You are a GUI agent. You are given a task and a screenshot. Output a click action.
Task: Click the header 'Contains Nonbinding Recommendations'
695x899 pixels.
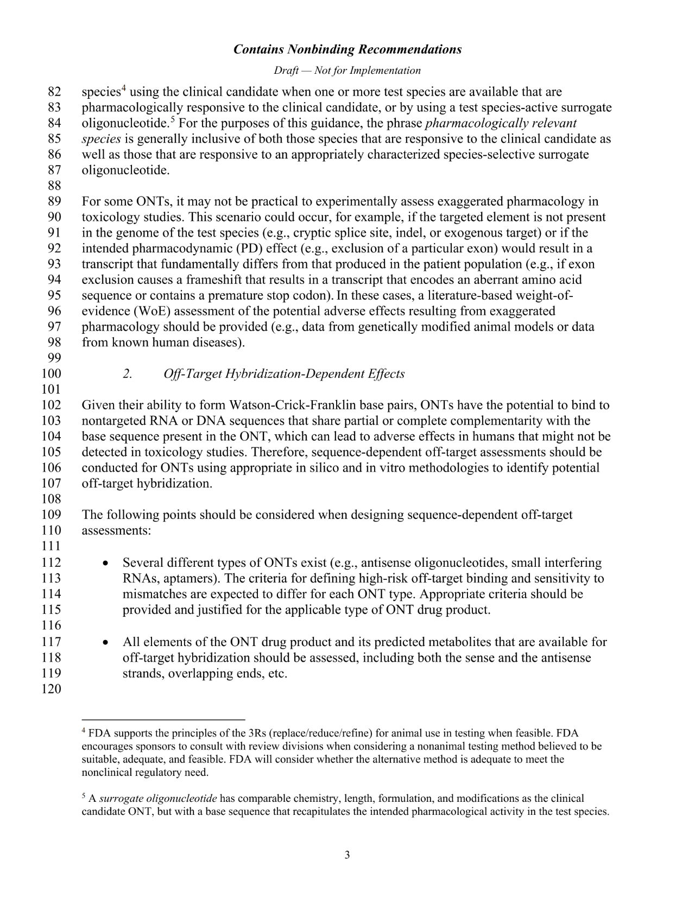[347, 49]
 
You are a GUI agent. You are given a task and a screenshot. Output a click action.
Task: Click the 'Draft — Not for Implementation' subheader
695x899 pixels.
[347, 71]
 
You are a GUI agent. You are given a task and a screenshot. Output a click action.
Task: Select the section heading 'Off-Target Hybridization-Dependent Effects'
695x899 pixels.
[284, 374]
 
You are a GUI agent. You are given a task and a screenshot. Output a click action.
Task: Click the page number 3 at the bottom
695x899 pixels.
[347, 856]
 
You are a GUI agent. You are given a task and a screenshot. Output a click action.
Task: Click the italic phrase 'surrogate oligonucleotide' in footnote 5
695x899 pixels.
[158, 799]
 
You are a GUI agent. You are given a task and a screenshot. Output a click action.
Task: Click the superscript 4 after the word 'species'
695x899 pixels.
[124, 88]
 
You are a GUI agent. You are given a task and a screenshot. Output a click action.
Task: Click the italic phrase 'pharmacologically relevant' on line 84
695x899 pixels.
[501, 123]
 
